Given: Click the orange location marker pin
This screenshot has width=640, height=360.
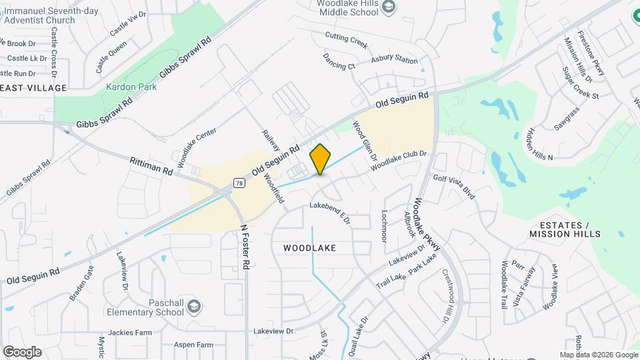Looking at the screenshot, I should (321, 159).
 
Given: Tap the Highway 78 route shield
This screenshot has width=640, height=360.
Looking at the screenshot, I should (239, 183).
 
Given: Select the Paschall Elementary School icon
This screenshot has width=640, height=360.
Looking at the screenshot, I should (193, 307).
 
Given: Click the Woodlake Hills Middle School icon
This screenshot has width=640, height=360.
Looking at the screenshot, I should (389, 7).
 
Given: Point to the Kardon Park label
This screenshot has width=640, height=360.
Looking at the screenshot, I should (131, 87).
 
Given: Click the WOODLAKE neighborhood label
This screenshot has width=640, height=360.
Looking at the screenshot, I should (309, 247).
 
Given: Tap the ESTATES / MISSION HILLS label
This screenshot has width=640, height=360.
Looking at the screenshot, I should (565, 229).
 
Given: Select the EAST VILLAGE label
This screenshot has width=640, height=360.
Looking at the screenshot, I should (33, 88).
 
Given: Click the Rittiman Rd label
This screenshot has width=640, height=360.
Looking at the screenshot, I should (151, 166).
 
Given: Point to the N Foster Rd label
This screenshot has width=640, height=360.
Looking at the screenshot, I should (245, 246).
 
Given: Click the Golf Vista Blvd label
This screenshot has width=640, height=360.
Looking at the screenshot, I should (454, 186).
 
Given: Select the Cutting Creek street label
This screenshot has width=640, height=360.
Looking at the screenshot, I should (346, 40).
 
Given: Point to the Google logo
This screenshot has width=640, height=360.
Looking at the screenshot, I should (22, 351).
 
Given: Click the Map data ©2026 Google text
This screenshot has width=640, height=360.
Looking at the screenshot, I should (598, 355).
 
